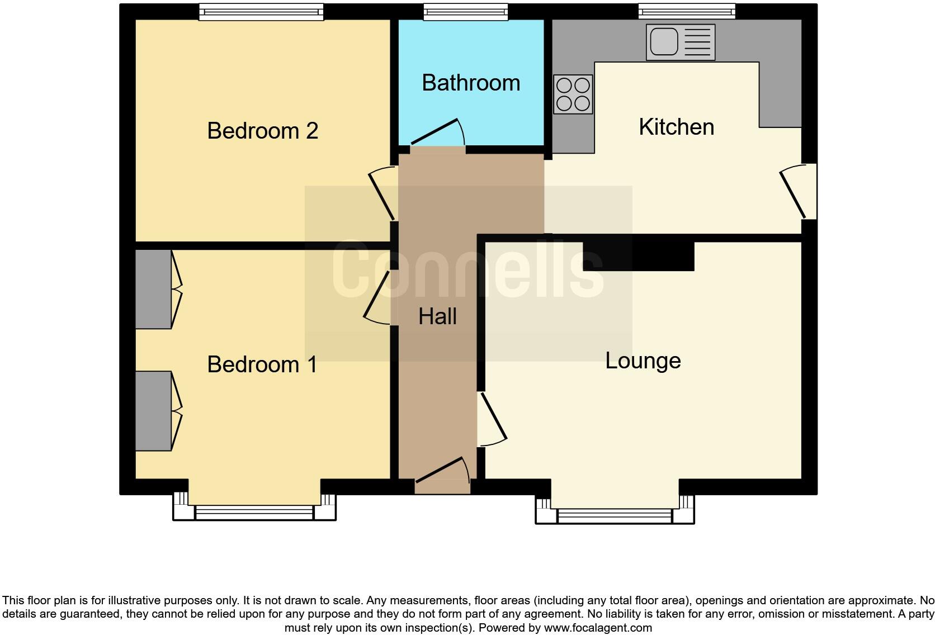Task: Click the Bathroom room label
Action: (471, 83)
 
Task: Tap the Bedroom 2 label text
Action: (262, 131)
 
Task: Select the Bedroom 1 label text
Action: (262, 365)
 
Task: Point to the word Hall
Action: (437, 317)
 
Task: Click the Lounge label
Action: (643, 361)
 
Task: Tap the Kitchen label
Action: (676, 127)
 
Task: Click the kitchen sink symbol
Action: (681, 42)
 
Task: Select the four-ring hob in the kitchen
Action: (573, 94)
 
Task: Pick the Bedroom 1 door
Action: (377, 297)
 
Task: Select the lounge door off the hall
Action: (492, 419)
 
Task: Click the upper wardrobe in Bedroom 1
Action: (153, 289)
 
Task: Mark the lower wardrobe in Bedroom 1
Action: (153, 411)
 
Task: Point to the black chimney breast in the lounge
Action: (638, 257)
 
